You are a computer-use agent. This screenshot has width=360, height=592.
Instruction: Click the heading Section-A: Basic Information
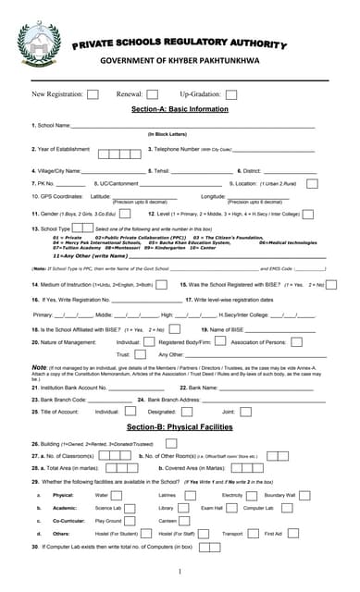180,109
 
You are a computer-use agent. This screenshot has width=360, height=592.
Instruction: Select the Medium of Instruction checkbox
164,285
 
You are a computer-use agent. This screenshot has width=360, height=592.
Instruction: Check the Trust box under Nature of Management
143,354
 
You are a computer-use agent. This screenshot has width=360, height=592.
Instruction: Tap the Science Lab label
108,508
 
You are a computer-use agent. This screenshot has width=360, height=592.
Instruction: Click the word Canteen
168,520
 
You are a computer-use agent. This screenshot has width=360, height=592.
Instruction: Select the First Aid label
273,533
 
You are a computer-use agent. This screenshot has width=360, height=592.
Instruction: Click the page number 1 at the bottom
179,571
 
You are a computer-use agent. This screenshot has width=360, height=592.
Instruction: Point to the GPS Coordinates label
56,197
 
